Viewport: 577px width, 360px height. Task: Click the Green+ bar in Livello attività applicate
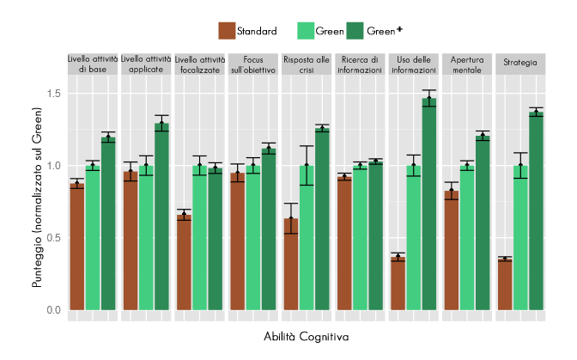(161, 216)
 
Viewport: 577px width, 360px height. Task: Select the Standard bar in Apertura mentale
(452, 249)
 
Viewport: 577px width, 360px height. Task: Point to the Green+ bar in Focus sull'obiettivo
(269, 229)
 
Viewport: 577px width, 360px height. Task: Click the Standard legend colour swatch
(226, 31)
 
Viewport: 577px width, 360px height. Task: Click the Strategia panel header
(520, 62)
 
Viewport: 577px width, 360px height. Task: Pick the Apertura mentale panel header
(467, 65)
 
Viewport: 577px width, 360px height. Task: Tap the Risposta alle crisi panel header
(307, 65)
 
